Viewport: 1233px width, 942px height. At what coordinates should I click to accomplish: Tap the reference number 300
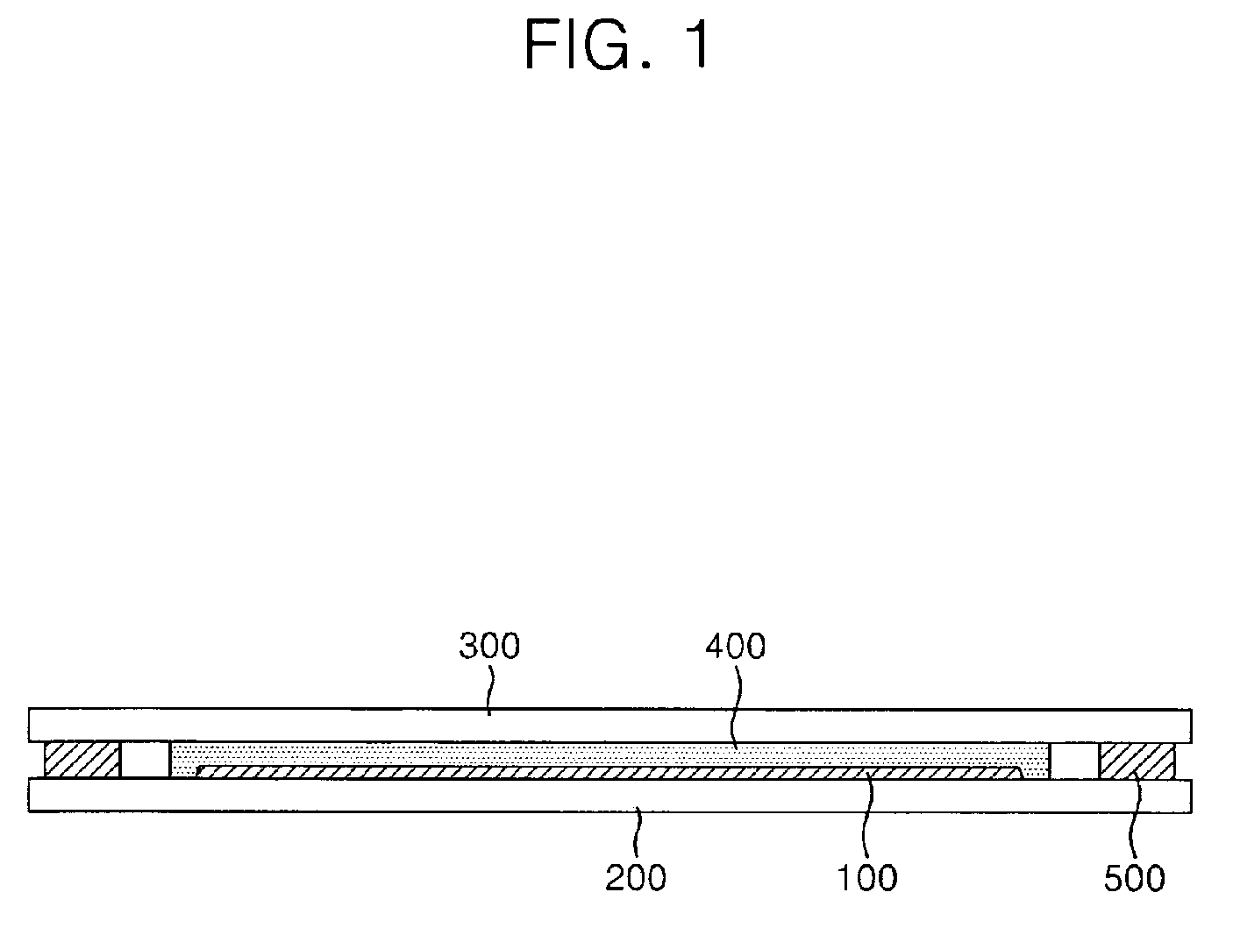pos(489,647)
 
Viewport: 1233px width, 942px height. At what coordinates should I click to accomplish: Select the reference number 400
pos(736,647)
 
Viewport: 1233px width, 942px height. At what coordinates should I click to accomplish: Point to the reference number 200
pos(636,877)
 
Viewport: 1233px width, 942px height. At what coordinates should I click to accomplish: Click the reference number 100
pos(867,877)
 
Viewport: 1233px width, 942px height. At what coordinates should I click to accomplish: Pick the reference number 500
pos(1134,877)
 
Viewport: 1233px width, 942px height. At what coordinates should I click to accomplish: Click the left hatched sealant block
pos(82,760)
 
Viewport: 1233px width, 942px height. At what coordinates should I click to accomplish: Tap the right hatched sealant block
pos(1137,760)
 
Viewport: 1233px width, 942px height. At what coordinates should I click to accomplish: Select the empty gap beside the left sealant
pos(145,760)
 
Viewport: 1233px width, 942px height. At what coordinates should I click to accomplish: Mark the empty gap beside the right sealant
pos(1074,760)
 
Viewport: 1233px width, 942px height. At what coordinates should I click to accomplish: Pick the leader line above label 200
pos(639,828)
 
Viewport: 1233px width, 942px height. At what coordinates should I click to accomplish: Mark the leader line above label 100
pos(868,815)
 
